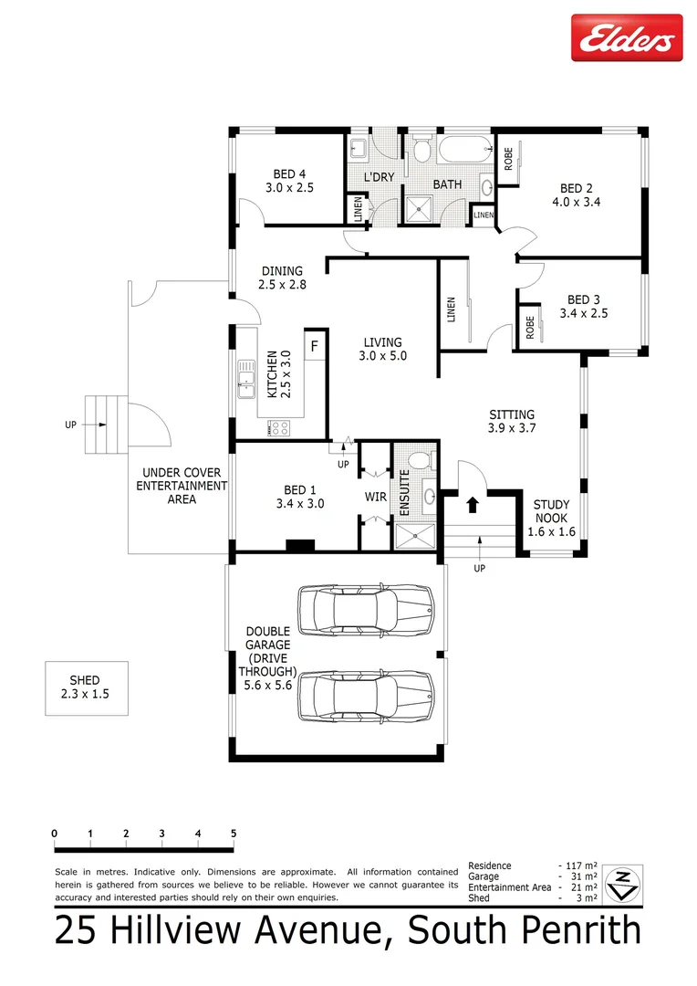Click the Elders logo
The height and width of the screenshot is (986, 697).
pyautogui.click(x=626, y=38)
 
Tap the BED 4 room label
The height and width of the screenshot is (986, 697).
pyautogui.click(x=289, y=174)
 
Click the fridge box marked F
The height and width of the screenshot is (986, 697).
pyautogui.click(x=314, y=346)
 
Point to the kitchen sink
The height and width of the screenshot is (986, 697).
pyautogui.click(x=244, y=379)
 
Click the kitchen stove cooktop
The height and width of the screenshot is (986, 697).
pyautogui.click(x=278, y=426)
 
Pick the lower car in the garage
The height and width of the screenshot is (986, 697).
pyautogui.click(x=367, y=696)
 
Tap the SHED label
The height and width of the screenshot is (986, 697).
pyautogui.click(x=85, y=680)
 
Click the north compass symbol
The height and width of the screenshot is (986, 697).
pyautogui.click(x=623, y=882)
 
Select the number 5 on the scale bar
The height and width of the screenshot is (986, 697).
pyautogui.click(x=234, y=834)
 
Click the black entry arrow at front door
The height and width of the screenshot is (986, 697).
pyautogui.click(x=472, y=503)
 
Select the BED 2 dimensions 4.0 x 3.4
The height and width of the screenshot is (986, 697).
pyautogui.click(x=576, y=204)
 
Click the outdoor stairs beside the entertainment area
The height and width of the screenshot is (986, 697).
pyautogui.click(x=102, y=424)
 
